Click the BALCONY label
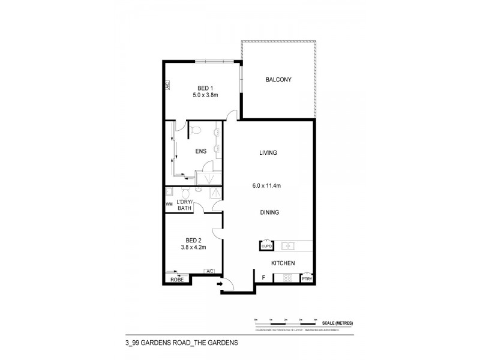(x=278, y=80)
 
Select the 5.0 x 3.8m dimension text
(x=206, y=94)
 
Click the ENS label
(x=200, y=151)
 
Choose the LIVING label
(x=268, y=152)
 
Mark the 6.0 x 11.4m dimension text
(x=266, y=186)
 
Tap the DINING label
(x=269, y=212)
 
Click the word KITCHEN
(x=282, y=263)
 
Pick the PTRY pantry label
(x=307, y=278)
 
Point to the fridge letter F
(x=263, y=278)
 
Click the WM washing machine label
(x=169, y=204)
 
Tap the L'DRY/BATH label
(x=184, y=205)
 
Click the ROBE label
(x=177, y=280)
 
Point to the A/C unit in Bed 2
(x=210, y=271)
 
